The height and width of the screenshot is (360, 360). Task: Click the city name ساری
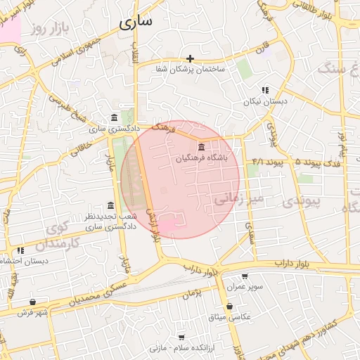pos(136,22)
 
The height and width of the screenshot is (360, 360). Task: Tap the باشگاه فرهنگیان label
pos(202,159)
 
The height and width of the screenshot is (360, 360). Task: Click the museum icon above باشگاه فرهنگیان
pos(202,147)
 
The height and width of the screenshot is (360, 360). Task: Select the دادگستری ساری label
pos(114,129)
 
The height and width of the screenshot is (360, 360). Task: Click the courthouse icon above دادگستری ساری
pos(115,117)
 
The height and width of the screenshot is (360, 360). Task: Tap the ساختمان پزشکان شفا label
pos(191,70)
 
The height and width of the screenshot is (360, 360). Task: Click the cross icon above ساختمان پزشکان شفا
pos(191,58)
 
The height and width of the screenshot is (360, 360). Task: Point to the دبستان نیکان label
pos(266,102)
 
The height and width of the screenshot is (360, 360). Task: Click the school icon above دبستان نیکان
pos(265,90)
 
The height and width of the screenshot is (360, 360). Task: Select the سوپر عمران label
pos(244,288)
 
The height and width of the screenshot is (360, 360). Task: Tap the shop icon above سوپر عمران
pos(244,276)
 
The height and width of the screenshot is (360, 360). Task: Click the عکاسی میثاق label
pos(230,318)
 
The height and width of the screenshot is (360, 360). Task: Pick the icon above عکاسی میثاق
pos(230,306)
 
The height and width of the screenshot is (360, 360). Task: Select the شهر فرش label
pos(32,313)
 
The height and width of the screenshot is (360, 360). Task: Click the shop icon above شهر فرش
pos(32,302)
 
